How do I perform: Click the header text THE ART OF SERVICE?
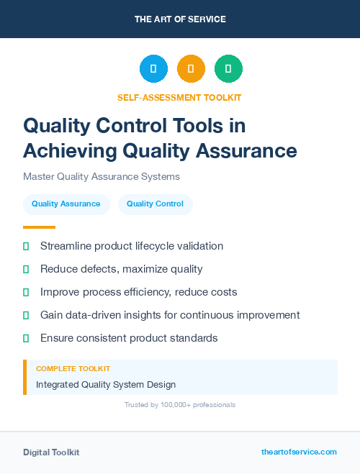(x=180, y=19)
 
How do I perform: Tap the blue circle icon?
(x=153, y=69)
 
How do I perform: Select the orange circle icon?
(x=191, y=69)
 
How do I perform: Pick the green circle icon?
(x=228, y=69)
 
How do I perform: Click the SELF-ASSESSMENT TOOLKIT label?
(x=179, y=97)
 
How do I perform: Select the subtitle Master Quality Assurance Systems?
(x=102, y=176)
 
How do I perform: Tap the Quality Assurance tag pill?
(x=66, y=204)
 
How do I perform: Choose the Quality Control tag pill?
(x=155, y=204)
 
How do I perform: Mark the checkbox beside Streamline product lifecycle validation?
(x=26, y=246)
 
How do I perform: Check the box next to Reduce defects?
(x=26, y=269)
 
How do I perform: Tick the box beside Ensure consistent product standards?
(x=26, y=338)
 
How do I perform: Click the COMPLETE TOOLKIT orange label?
(x=73, y=368)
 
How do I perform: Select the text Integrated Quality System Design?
(x=106, y=385)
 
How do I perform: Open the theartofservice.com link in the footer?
(x=299, y=452)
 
